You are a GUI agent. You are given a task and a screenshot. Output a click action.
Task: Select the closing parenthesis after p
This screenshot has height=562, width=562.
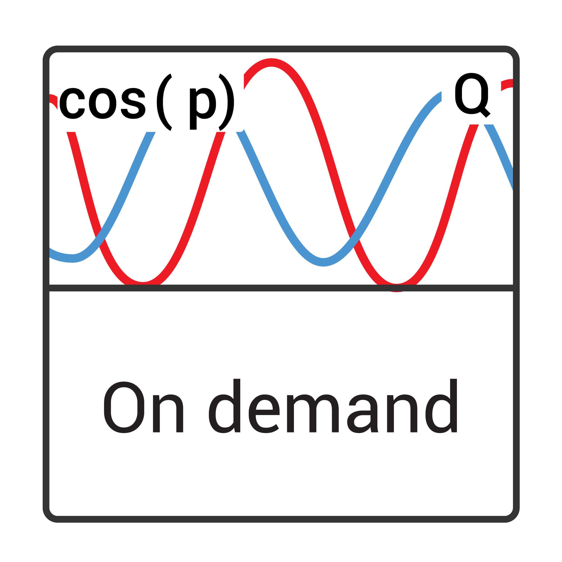click(226, 102)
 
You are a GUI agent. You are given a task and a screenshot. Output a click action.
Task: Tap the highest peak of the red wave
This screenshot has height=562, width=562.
click(271, 63)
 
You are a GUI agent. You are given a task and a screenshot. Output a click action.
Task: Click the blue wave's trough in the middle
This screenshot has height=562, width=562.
click(323, 262)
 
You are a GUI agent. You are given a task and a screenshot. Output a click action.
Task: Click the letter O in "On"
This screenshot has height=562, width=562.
click(124, 407)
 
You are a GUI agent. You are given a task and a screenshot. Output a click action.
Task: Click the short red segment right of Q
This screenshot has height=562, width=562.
click(507, 84)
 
